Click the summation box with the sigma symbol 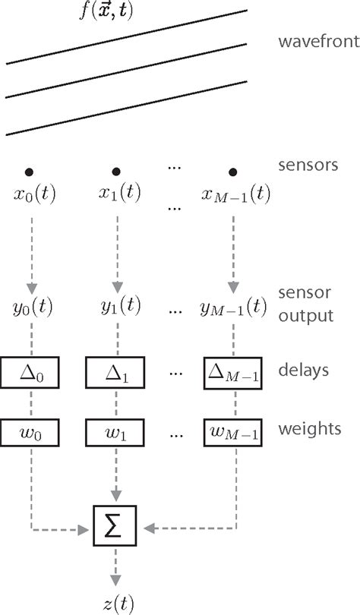click(x=116, y=524)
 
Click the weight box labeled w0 click(x=31, y=434)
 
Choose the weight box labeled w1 click(x=116, y=434)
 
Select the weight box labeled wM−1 click(x=233, y=434)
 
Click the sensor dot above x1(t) click(x=116, y=172)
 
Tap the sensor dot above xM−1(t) click(x=233, y=172)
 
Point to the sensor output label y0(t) click(x=31, y=307)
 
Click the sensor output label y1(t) click(x=116, y=307)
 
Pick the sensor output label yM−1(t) click(x=233, y=307)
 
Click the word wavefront click(x=317, y=41)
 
